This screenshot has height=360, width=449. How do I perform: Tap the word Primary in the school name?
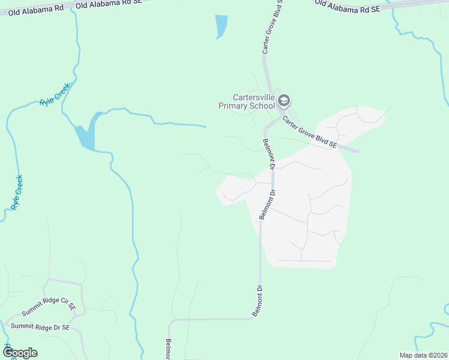pos(234,106)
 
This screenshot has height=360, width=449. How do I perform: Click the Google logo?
pos(19,353)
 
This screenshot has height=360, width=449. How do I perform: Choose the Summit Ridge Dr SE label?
pos(40,328)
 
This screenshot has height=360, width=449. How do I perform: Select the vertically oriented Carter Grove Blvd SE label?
pos(273,28)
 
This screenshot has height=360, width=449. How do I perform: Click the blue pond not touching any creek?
pos(221,26)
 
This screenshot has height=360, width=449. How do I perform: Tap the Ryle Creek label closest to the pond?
pos(55,95)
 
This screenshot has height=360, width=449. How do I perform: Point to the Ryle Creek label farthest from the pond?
pos(16,192)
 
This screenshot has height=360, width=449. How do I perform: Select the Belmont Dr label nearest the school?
pos(268,154)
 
